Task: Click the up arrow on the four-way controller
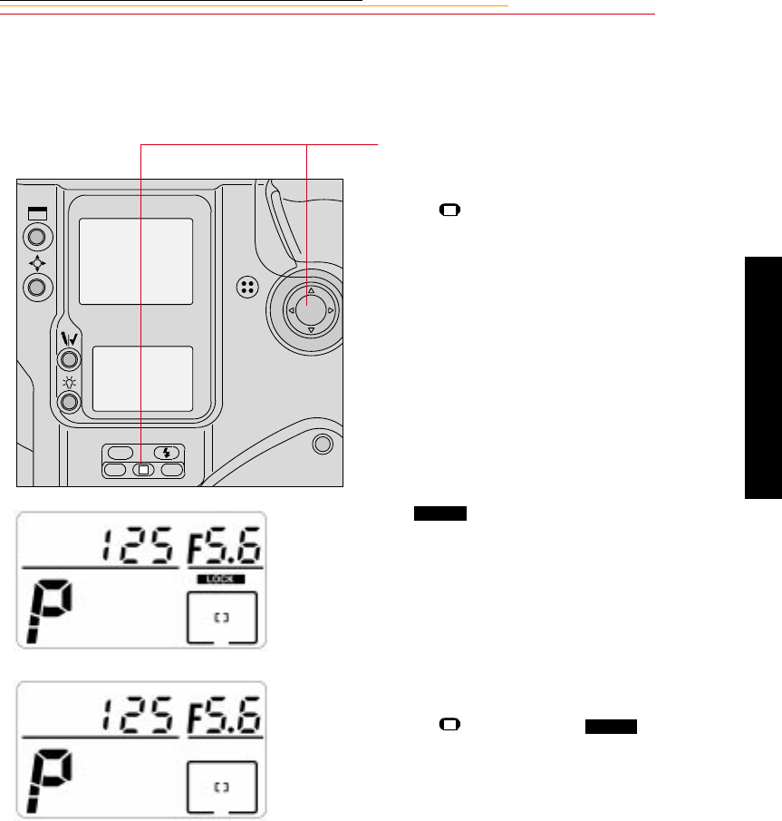click(x=311, y=290)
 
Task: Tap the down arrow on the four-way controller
click(x=311, y=330)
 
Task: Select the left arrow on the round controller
click(x=292, y=310)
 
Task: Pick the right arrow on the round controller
click(x=331, y=310)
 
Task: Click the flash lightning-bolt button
click(x=167, y=453)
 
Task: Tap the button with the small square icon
click(x=143, y=470)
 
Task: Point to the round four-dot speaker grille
click(x=247, y=287)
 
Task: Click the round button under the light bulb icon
click(x=69, y=402)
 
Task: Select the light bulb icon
click(x=69, y=383)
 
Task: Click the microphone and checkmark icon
click(x=69, y=339)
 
